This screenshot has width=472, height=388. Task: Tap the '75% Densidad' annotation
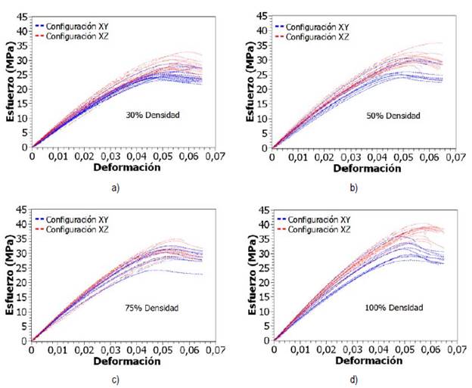(151, 307)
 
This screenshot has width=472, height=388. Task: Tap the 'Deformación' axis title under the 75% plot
(126, 362)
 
